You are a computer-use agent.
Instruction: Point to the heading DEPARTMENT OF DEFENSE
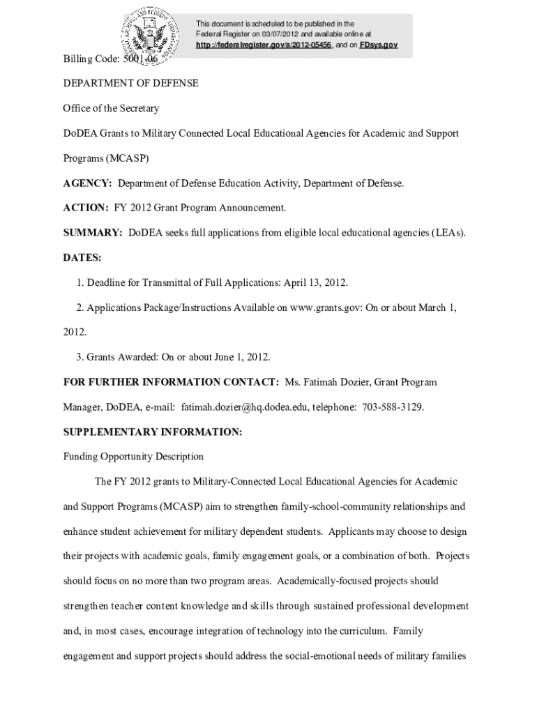pyautogui.click(x=131, y=83)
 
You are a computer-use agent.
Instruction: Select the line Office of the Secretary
pyautogui.click(x=111, y=108)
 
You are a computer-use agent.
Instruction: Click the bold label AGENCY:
pyautogui.click(x=88, y=183)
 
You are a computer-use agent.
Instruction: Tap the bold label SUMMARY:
pyautogui.click(x=93, y=232)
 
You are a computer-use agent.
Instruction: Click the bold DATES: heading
pyautogui.click(x=82, y=257)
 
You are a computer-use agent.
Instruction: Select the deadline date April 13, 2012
pyautogui.click(x=317, y=282)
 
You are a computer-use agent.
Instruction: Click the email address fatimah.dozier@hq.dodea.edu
pyautogui.click(x=245, y=407)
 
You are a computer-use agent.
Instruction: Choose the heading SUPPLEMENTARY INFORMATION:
pyautogui.click(x=153, y=432)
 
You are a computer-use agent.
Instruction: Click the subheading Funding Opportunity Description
pyautogui.click(x=133, y=457)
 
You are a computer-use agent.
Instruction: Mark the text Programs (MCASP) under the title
pyautogui.click(x=106, y=158)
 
